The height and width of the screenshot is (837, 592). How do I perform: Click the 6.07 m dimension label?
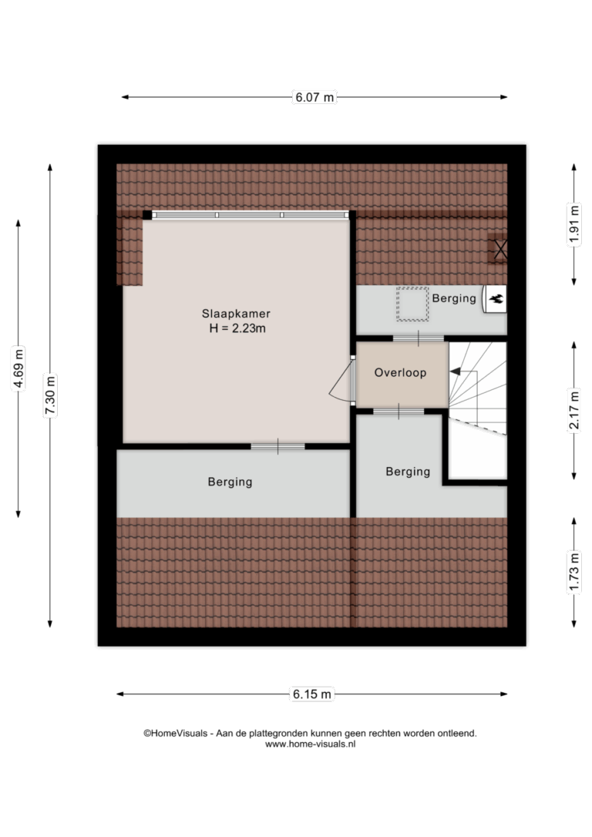314,97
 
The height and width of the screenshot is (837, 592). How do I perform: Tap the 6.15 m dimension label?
311,694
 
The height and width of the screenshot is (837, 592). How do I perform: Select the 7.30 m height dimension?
50,395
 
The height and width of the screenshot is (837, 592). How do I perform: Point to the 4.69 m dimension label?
18,368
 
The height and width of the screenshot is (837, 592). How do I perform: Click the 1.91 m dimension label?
574,224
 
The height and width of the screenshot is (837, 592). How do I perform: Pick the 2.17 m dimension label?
574,410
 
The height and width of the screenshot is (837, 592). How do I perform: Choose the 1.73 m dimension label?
574,572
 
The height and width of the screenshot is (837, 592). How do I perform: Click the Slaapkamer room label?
236,314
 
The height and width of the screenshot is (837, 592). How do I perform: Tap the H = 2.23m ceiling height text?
237,328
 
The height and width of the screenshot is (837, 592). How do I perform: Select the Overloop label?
400,372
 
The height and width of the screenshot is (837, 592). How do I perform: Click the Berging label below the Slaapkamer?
230,482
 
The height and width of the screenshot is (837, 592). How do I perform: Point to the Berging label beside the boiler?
454,298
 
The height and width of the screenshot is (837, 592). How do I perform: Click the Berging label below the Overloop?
408,472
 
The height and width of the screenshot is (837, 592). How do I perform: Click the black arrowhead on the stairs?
456,371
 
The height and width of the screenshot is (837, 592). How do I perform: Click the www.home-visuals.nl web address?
310,744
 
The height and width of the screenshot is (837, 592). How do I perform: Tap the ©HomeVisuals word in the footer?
175,734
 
